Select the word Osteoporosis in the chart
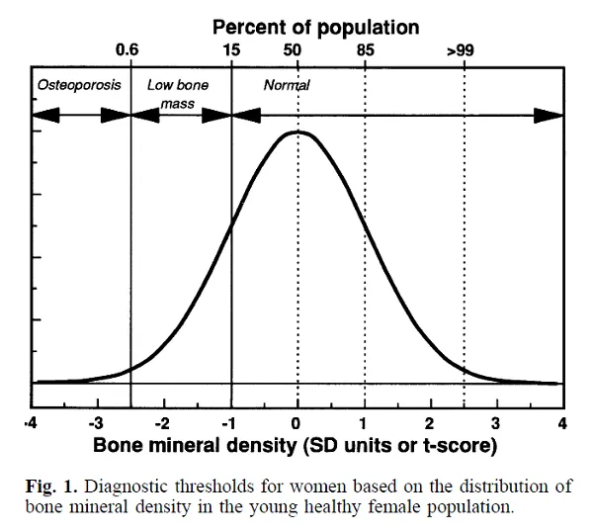pos(79,85)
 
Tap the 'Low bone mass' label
pos(177,93)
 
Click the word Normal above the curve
pos(287,85)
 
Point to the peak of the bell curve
pos(297,132)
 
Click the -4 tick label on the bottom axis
pos(31,423)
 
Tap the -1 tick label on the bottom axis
pos(230,423)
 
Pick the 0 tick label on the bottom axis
pos(297,423)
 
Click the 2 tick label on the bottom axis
pos(431,423)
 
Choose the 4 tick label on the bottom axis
pos(562,423)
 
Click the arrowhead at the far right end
pos(549,115)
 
